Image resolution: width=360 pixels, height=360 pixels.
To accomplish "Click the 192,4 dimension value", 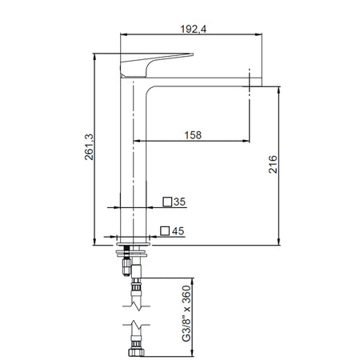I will (x=193, y=29).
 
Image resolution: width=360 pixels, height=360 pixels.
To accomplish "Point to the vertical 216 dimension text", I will (x=273, y=164).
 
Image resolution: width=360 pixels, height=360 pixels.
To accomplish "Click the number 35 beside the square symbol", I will (x=180, y=202).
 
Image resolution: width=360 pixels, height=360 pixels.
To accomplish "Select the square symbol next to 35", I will (x=167, y=202).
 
